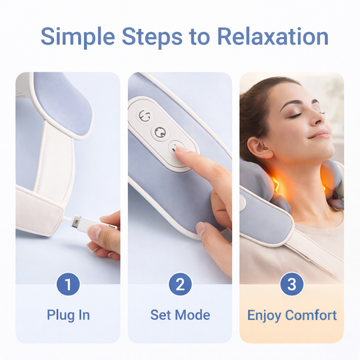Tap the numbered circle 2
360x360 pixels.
coord(180,285)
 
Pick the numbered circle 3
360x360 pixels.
coord(292,285)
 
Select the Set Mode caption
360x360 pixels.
coord(180,315)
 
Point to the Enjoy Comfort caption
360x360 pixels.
coord(292,315)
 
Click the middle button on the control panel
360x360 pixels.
coord(159,132)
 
